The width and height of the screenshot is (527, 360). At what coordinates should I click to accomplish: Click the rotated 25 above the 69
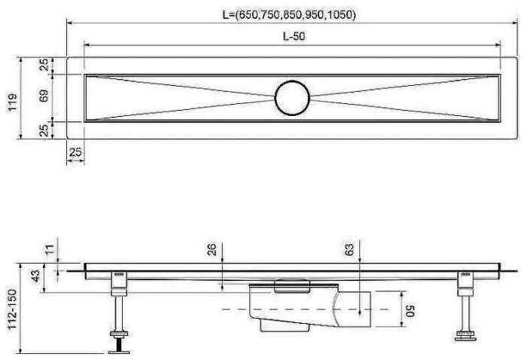tap(44, 66)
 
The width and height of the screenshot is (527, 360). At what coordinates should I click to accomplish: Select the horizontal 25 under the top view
tap(75, 153)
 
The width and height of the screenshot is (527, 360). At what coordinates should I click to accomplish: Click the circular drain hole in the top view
tap(292, 97)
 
